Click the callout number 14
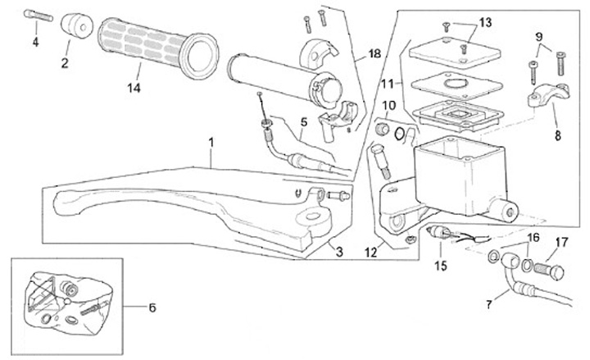[134, 88]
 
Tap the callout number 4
[36, 42]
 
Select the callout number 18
[374, 54]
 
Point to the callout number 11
[387, 83]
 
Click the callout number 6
[152, 308]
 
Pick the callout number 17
[561, 242]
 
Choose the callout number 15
[441, 266]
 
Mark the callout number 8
[558, 135]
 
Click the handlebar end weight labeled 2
[77, 25]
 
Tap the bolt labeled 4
[38, 16]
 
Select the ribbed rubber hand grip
[158, 48]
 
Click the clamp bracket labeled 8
[548, 93]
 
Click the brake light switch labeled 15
[442, 231]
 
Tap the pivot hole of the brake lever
[311, 216]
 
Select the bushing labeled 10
[383, 129]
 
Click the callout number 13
[485, 23]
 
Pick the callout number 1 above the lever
[211, 143]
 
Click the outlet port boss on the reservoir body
[504, 210]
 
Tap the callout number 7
[488, 304]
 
